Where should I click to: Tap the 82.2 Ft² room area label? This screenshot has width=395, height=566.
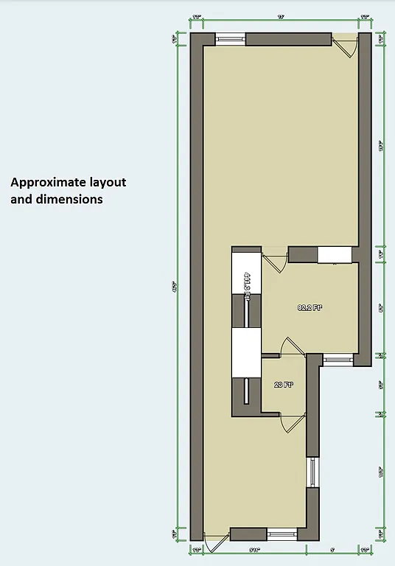[310, 308]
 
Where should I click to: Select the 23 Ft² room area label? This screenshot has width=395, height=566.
[284, 385]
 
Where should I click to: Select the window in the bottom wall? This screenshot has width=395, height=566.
[281, 535]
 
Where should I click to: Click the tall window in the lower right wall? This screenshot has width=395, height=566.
[312, 472]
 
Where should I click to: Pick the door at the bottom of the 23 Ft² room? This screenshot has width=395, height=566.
[291, 423]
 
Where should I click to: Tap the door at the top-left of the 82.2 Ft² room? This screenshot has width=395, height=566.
[276, 262]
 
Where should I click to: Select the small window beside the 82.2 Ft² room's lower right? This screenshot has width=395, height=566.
[338, 360]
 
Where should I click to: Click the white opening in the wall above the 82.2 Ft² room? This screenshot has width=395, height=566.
[334, 254]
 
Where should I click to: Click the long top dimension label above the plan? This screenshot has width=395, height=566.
[281, 17]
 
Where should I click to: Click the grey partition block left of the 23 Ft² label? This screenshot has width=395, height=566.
[246, 398]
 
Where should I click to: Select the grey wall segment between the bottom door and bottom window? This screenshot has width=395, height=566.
[248, 535]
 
